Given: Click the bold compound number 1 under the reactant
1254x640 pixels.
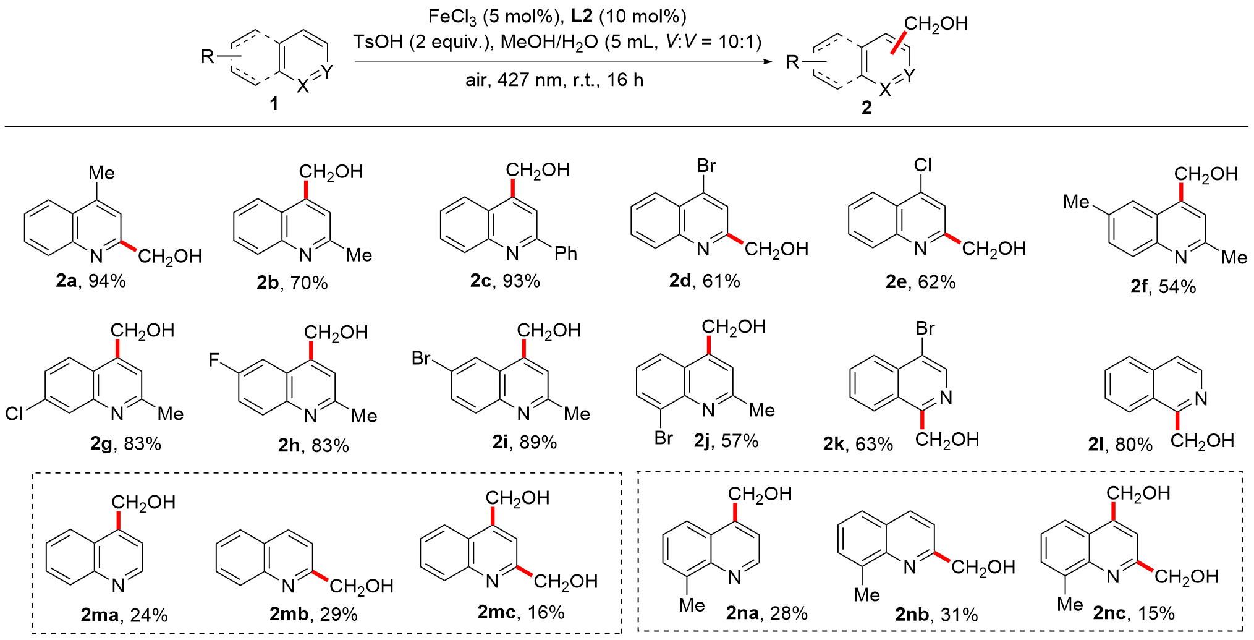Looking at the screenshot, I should pyautogui.click(x=274, y=103).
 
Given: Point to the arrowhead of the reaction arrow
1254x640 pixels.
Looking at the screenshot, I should pyautogui.click(x=768, y=61).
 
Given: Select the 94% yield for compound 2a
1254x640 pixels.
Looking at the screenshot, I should pyautogui.click(x=107, y=281).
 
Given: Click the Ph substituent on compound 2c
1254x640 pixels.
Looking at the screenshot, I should pyautogui.click(x=566, y=253).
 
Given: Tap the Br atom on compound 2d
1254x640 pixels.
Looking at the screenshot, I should pyautogui.click(x=706, y=166).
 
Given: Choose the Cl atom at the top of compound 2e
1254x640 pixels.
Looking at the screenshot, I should pyautogui.click(x=923, y=165).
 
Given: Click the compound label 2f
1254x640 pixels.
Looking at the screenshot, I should pyautogui.click(x=1139, y=286).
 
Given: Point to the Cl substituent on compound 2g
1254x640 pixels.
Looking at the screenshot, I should pyautogui.click(x=14, y=414).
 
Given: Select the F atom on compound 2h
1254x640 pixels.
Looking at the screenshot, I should pyautogui.click(x=214, y=360).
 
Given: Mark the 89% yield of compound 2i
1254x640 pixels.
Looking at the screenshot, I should pyautogui.click(x=538, y=442).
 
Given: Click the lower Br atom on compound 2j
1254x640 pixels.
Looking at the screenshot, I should pyautogui.click(x=663, y=438).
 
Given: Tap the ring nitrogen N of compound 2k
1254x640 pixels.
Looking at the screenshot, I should pyautogui.click(x=946, y=398).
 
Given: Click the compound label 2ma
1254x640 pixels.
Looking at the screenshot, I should pyautogui.click(x=100, y=615).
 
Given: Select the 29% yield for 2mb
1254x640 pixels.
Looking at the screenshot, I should pyautogui.click(x=339, y=614).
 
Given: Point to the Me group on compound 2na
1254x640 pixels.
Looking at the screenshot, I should pyautogui.click(x=692, y=605).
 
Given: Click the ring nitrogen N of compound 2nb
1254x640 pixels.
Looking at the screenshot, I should pyautogui.click(x=909, y=567).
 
